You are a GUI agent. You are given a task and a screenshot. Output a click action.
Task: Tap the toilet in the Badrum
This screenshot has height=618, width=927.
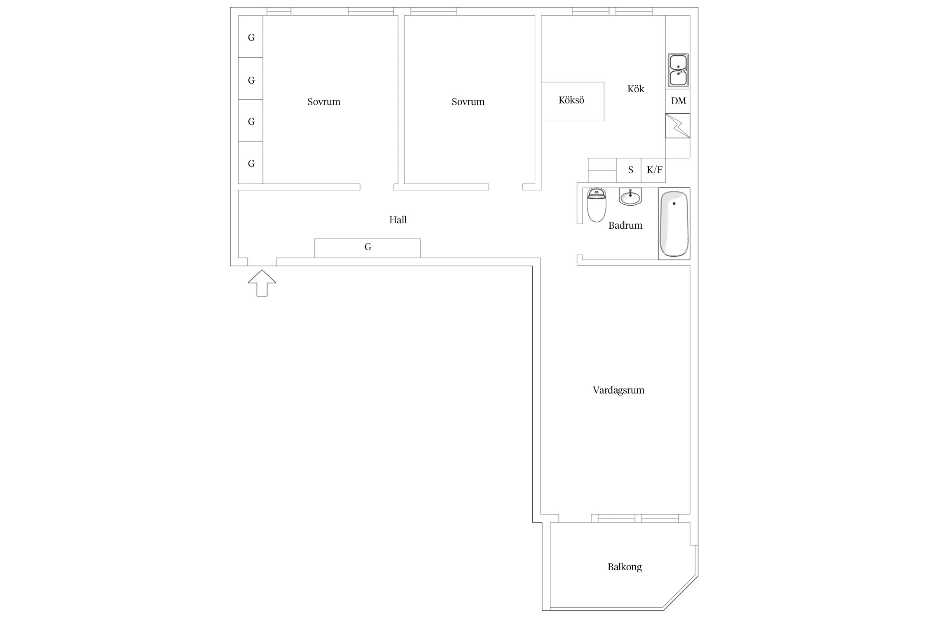coord(596,205)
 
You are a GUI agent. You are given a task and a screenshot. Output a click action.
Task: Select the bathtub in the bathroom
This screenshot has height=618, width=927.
coord(674,224)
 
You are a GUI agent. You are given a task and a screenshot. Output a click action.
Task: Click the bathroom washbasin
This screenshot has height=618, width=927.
coord(630,197)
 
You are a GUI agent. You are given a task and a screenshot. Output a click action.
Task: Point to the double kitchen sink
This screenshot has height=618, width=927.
coord(678,70)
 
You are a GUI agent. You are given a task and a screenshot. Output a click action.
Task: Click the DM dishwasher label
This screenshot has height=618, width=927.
coord(678,101)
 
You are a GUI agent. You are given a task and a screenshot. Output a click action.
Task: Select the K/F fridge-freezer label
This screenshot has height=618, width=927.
coord(654,170)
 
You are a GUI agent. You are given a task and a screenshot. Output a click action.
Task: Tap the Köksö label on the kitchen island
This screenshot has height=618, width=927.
coord(571,100)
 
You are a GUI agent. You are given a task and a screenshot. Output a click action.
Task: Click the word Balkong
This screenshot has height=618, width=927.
coord(625,567)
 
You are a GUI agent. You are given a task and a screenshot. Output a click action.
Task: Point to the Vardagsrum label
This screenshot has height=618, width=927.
coord(618,390)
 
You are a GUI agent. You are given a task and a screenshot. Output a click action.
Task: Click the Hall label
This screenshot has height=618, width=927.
coord(398,220)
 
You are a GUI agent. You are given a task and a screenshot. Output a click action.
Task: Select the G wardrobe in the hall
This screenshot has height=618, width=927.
coord(368,248)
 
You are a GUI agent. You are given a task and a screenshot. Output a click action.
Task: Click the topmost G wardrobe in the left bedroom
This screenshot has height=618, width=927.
coord(250,37)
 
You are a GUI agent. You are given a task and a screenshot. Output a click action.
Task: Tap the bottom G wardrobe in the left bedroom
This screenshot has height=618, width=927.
coord(250,163)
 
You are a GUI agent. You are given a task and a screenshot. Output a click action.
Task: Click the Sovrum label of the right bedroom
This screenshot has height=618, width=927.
coord(468,102)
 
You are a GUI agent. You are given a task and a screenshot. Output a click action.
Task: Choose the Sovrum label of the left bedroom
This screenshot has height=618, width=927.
coord(324,102)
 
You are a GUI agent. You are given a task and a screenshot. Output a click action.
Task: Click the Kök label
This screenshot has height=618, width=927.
coord(636,89)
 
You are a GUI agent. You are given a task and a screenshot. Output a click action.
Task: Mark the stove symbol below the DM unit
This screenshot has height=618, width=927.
coord(678,126)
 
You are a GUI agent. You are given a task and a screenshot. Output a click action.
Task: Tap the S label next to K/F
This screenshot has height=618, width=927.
coord(630,170)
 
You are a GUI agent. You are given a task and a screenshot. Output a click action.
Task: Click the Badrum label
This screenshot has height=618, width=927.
coord(625,225)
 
